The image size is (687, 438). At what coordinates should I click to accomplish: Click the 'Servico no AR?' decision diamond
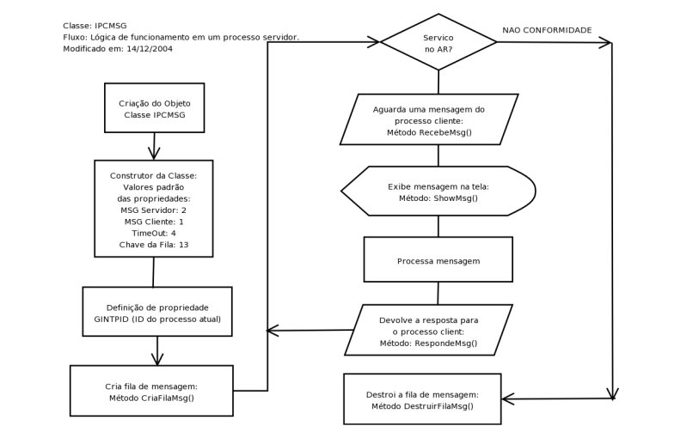(439, 42)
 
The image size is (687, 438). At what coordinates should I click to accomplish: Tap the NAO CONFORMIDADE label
(547, 30)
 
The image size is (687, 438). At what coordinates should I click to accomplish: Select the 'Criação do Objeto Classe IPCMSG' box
(154, 107)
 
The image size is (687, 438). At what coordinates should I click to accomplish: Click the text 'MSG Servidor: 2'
(153, 210)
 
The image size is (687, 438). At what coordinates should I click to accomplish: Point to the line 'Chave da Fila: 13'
(154, 245)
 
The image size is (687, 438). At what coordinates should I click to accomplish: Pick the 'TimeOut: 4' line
(154, 234)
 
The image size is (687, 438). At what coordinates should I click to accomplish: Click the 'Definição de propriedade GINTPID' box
(157, 312)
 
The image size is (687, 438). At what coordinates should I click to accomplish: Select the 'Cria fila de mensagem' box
(151, 390)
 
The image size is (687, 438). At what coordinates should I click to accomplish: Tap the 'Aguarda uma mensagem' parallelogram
(429, 119)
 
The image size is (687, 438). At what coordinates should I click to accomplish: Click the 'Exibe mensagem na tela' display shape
(439, 191)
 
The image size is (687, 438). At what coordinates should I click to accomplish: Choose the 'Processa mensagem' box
(439, 259)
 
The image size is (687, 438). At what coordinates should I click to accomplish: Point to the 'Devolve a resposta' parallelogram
(428, 330)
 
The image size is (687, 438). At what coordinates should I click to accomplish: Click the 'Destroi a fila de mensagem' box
(422, 399)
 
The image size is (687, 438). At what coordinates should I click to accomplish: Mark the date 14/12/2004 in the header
(150, 49)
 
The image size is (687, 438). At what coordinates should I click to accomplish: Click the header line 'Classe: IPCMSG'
(95, 26)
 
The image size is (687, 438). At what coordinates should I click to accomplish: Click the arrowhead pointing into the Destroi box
(508, 399)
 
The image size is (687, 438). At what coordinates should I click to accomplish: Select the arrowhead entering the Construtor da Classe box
(154, 154)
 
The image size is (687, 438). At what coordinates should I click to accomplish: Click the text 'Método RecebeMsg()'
(429, 132)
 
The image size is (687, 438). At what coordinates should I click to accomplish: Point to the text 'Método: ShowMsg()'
(439, 198)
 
